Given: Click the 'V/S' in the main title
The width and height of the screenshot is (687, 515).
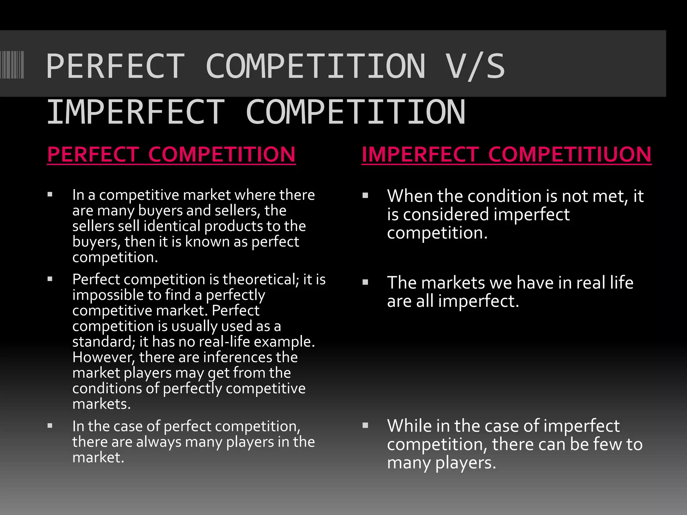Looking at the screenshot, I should click(475, 66).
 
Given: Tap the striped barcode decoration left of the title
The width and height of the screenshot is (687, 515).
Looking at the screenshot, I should click(12, 65).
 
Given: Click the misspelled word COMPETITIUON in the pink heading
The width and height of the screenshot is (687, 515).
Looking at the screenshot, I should click(570, 155).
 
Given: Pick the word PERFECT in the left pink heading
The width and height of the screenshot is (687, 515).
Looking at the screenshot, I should click(93, 155).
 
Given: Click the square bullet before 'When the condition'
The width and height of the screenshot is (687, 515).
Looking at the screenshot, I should click(366, 195).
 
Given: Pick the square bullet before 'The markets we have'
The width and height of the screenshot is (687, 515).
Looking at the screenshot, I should click(366, 282).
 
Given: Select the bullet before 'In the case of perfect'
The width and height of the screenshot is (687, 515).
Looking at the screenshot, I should click(50, 426).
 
